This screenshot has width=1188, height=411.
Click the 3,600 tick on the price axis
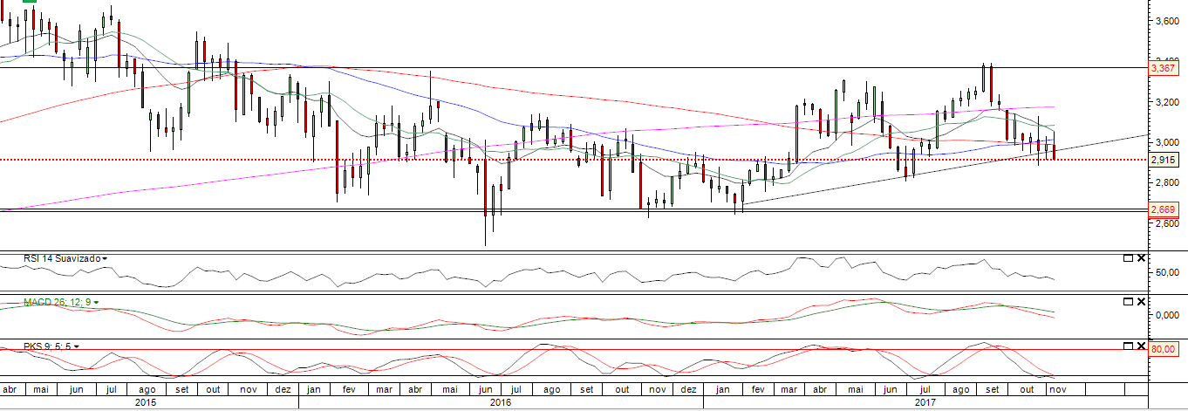(x=1165, y=20)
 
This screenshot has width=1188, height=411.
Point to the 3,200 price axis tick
(x=1165, y=102)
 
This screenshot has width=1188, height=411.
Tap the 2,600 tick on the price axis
(x=1165, y=223)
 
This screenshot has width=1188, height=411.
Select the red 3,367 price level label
(x=1164, y=67)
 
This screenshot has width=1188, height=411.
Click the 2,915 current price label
(x=1164, y=160)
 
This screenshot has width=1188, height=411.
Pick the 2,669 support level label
(x=1164, y=209)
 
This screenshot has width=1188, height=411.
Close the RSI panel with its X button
(x=1141, y=258)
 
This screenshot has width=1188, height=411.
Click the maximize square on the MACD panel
(x=1128, y=302)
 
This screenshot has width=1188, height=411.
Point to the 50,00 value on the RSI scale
(x=1164, y=272)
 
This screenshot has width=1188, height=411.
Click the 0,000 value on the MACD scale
(x=1164, y=315)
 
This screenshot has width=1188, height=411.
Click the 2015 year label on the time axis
(x=147, y=403)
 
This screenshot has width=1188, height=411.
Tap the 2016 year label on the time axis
(x=501, y=403)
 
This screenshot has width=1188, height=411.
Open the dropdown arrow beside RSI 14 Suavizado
(x=106, y=259)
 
